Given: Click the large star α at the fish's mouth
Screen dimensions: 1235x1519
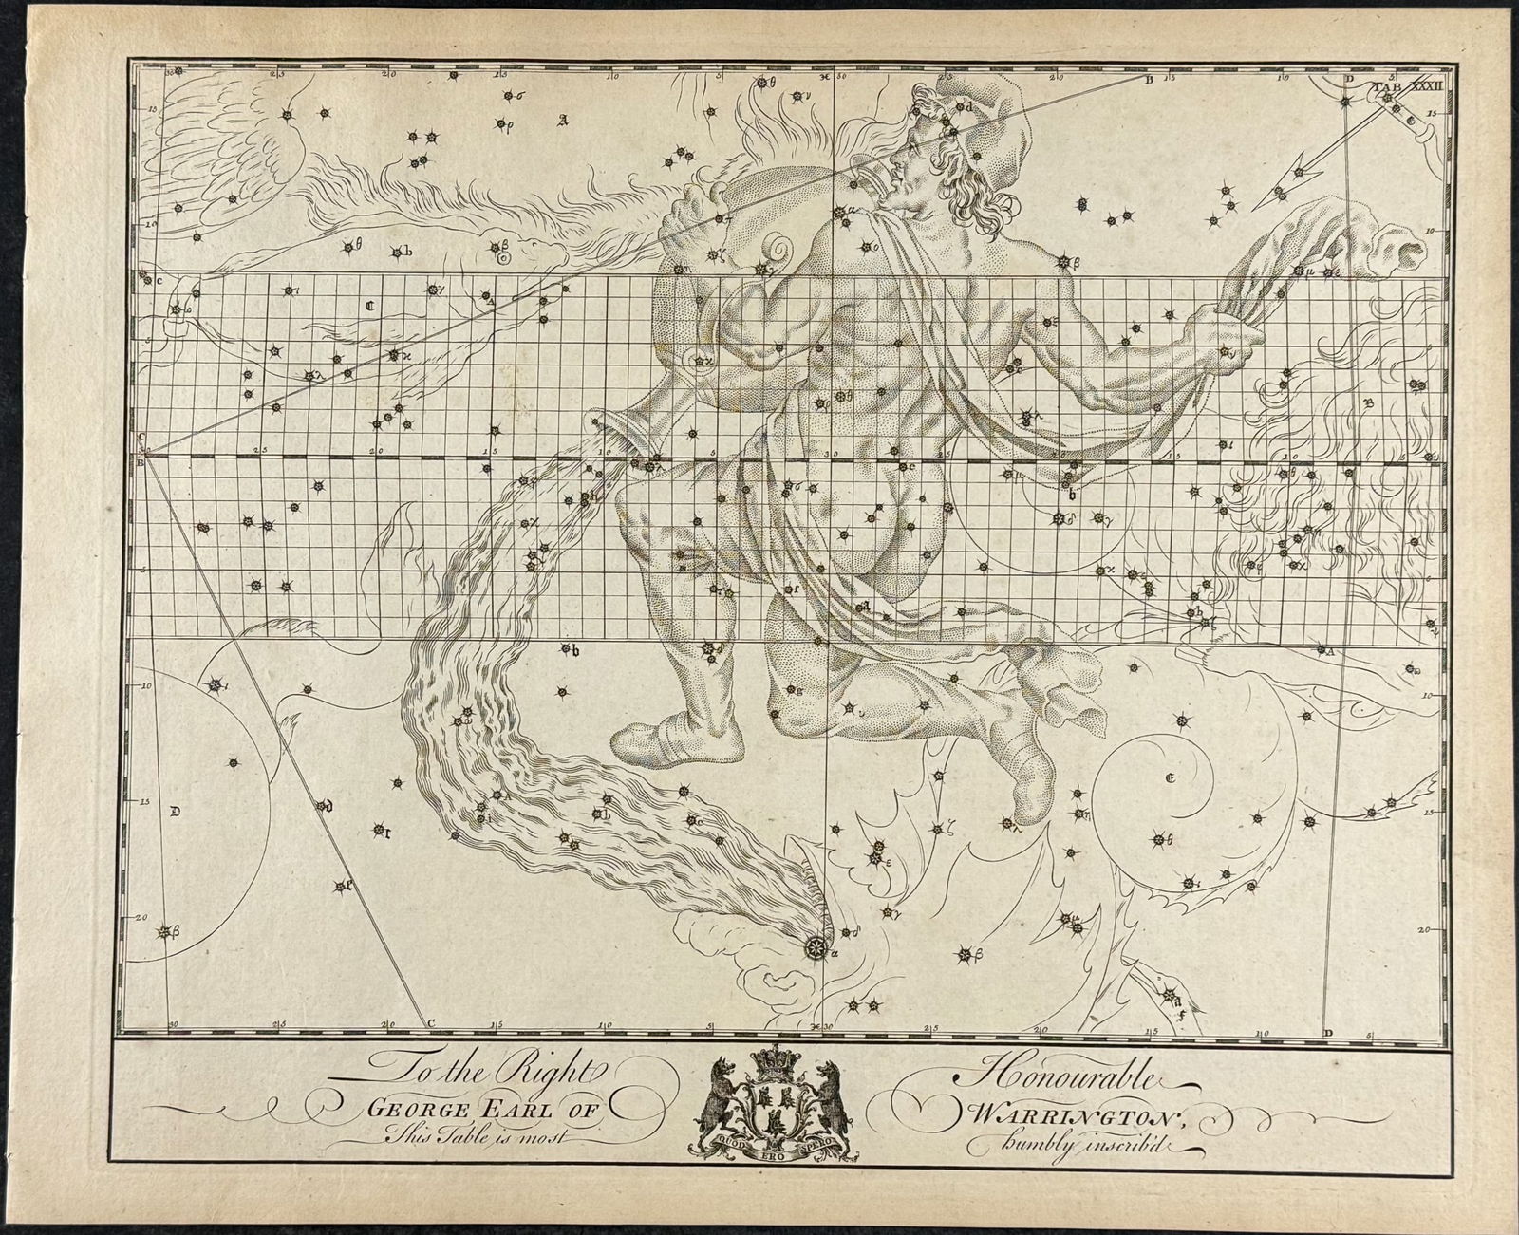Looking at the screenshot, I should click(x=816, y=946).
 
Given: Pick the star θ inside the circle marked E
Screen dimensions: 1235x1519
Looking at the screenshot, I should click(x=1158, y=838).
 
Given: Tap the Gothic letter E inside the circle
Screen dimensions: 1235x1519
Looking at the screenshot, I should click(x=1171, y=779).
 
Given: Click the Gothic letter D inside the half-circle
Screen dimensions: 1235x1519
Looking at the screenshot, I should click(x=175, y=812).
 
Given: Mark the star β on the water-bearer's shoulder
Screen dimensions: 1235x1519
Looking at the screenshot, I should click(x=1064, y=261).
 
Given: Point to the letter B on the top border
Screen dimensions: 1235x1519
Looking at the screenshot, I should click(x=1148, y=81).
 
